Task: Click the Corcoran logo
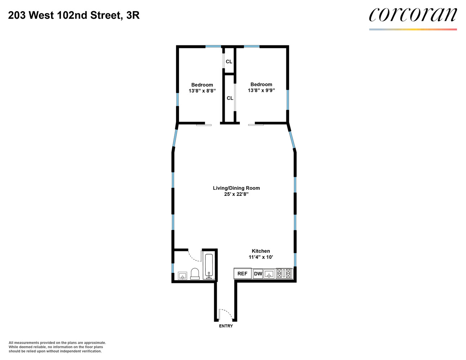click(x=413, y=15)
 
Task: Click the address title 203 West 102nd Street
click(x=74, y=15)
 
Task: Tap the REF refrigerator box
click(x=242, y=274)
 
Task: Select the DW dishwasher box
click(x=258, y=274)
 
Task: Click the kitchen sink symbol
click(x=269, y=274)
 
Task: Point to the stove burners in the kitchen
click(x=284, y=274)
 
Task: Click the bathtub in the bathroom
click(x=209, y=266)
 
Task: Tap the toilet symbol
click(x=195, y=274)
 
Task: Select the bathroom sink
click(x=183, y=276)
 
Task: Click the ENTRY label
click(x=226, y=326)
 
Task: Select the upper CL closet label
click(x=229, y=62)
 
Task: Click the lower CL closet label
click(x=230, y=98)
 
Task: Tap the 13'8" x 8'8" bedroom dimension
click(x=202, y=91)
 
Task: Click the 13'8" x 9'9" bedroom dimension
click(x=261, y=90)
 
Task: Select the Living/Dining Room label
click(x=236, y=188)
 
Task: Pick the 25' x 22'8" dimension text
click(x=236, y=194)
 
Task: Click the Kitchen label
click(x=261, y=251)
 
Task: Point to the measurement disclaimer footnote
click(x=57, y=347)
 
